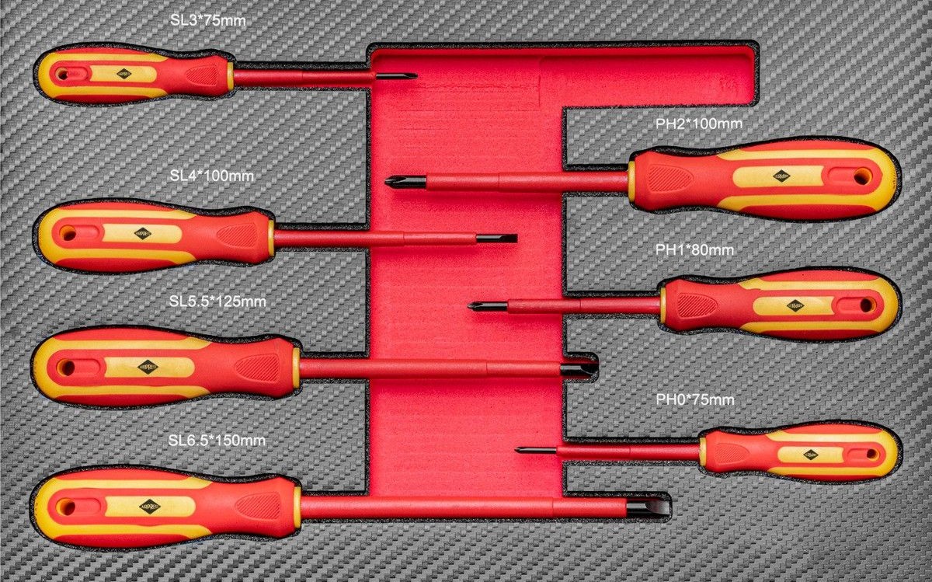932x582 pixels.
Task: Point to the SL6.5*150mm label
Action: (x=217, y=441)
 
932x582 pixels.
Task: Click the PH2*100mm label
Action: (x=699, y=124)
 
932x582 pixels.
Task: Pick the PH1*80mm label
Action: (x=694, y=250)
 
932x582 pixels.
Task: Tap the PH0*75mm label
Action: (x=694, y=400)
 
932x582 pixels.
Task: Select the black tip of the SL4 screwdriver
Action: (x=497, y=238)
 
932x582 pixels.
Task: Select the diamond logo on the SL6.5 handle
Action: (x=150, y=507)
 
